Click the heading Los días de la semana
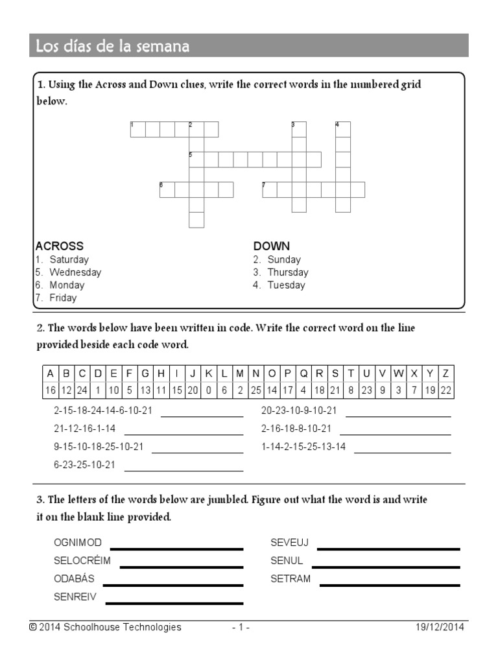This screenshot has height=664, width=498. pyautogui.click(x=112, y=46)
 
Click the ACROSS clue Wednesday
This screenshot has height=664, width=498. pyautogui.click(x=75, y=272)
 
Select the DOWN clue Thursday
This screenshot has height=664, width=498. pyautogui.click(x=287, y=272)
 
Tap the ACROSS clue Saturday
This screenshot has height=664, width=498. pyautogui.click(x=69, y=259)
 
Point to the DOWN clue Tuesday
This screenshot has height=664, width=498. pyautogui.click(x=286, y=285)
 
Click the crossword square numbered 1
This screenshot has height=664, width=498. pyautogui.click(x=137, y=130)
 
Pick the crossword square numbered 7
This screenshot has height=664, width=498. pyautogui.click(x=270, y=189)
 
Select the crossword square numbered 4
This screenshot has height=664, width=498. pyautogui.click(x=343, y=129)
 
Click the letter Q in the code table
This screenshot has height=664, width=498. pyautogui.click(x=303, y=373)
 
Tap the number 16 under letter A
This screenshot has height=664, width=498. pyautogui.click(x=50, y=390)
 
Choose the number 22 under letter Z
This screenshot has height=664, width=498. pyautogui.click(x=445, y=390)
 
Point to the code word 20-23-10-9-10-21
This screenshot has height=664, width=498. pyautogui.click(x=299, y=410)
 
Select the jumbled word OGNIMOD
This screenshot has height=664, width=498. pyautogui.click(x=78, y=543)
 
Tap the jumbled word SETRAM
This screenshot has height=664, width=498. pyautogui.click(x=290, y=579)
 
